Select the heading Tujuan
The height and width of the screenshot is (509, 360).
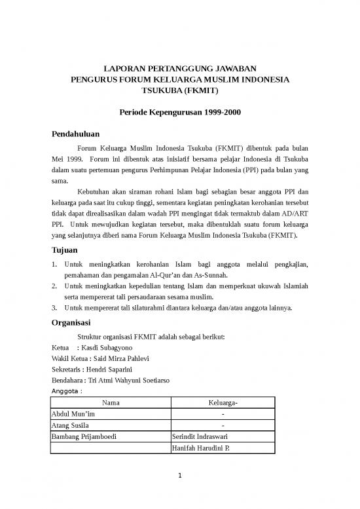point(64,250)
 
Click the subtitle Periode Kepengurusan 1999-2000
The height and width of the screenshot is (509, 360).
point(180,112)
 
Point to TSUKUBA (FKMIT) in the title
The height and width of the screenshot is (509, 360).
point(180,90)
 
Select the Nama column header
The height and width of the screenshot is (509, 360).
point(110,403)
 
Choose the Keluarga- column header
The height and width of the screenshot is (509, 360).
point(224,403)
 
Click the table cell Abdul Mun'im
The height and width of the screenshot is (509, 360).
point(73,415)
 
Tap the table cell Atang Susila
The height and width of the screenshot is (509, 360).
point(69,426)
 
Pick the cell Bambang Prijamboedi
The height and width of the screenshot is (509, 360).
point(82,437)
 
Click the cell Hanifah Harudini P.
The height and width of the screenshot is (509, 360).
point(200,448)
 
